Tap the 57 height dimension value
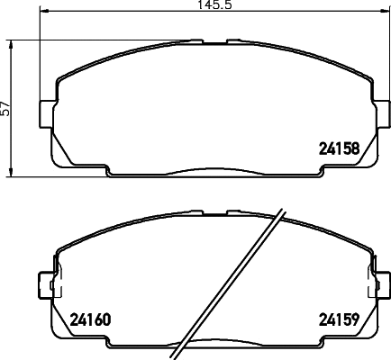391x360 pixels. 6,108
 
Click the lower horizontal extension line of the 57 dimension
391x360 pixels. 27,175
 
